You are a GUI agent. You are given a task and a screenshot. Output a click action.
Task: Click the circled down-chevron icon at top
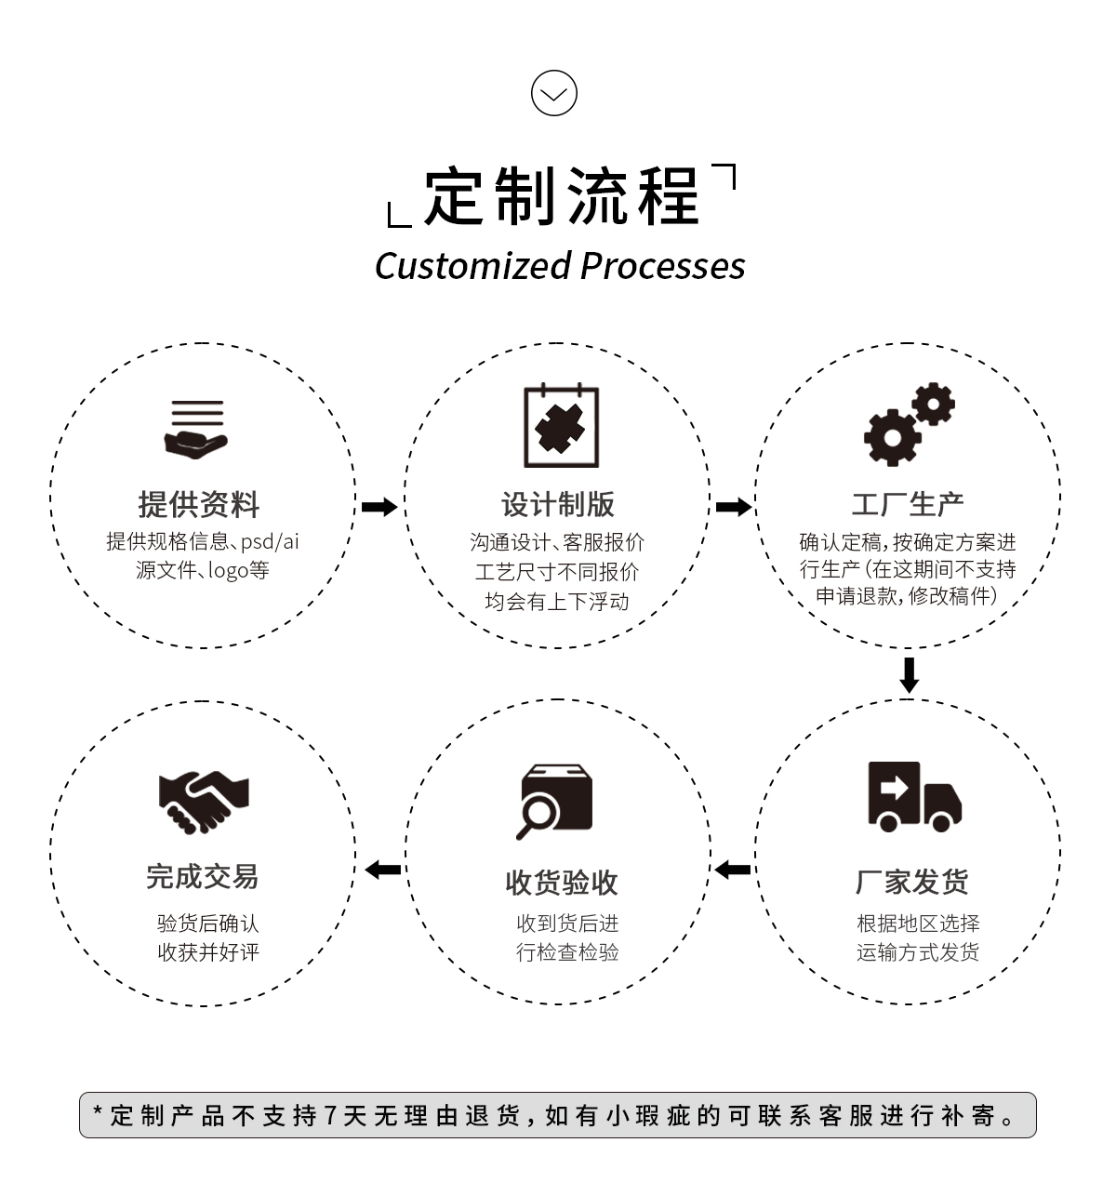(x=554, y=93)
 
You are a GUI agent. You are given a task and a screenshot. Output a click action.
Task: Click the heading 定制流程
(x=561, y=196)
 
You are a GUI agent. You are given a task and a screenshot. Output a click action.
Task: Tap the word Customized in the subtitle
(x=472, y=266)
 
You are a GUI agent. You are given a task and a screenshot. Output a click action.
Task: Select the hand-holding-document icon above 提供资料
(x=196, y=429)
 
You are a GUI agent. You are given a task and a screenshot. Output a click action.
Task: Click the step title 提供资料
(x=198, y=504)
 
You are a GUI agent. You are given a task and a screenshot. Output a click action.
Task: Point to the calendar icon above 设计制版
(x=561, y=426)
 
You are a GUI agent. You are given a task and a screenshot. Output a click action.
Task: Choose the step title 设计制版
(x=558, y=504)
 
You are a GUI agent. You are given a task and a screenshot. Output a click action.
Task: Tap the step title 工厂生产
(x=908, y=504)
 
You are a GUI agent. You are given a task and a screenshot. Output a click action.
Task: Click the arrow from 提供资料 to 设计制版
(x=379, y=507)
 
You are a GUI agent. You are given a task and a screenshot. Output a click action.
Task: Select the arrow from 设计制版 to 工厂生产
(x=734, y=507)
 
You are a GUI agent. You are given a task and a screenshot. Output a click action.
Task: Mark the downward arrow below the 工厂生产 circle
(x=910, y=674)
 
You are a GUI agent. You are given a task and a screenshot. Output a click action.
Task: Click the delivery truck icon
(x=913, y=796)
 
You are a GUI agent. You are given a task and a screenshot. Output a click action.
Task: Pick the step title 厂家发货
(x=911, y=882)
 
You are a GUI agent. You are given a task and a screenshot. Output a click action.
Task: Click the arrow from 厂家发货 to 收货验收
(x=733, y=870)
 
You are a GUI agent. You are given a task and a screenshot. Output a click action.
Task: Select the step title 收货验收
(x=561, y=882)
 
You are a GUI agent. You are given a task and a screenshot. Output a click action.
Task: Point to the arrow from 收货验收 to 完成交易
(x=382, y=870)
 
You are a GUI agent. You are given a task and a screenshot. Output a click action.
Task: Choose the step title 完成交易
(x=202, y=876)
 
